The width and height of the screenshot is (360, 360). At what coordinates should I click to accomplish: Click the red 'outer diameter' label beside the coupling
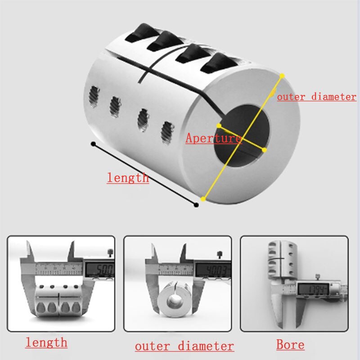[316, 96]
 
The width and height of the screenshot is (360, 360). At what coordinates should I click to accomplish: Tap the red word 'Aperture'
[213, 138]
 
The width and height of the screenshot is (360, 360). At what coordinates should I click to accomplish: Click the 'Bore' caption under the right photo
[290, 345]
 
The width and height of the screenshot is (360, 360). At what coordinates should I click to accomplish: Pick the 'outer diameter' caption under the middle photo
[184, 346]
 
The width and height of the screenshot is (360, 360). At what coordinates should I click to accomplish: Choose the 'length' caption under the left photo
[46, 342]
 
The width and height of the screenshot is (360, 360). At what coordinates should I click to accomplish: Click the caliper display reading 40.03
[213, 270]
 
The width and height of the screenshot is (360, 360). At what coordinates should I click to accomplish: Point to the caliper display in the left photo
[99, 270]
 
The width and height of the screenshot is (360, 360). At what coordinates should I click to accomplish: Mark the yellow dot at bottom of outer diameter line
[202, 198]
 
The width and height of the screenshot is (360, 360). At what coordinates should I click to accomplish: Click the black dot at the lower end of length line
[196, 205]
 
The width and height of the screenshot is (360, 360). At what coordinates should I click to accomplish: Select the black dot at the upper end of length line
[93, 144]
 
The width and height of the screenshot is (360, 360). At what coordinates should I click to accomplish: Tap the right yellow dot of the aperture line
[264, 149]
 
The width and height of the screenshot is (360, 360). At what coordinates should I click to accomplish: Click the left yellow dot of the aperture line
[219, 126]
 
